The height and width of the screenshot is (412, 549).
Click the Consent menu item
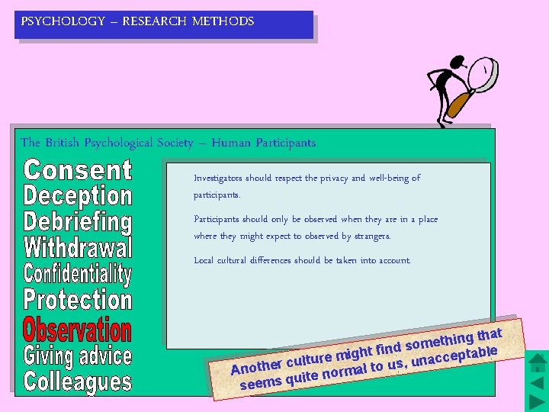[x=78, y=170]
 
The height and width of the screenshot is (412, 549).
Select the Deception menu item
[x=78, y=196]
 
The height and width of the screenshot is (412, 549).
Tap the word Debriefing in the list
[x=78, y=223]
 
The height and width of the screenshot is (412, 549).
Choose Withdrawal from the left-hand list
[x=78, y=248]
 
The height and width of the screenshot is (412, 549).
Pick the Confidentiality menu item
[x=78, y=274]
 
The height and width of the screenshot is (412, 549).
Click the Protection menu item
[x=78, y=300]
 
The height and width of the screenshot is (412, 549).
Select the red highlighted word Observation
[x=78, y=330]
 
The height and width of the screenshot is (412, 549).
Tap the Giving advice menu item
[x=78, y=356]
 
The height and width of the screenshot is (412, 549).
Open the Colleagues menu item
[x=78, y=381]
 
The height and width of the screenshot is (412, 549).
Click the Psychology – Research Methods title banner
[x=164, y=24]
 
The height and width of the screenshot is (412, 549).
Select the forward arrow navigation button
[x=538, y=401]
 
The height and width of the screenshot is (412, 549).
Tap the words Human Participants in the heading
[x=263, y=143]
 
